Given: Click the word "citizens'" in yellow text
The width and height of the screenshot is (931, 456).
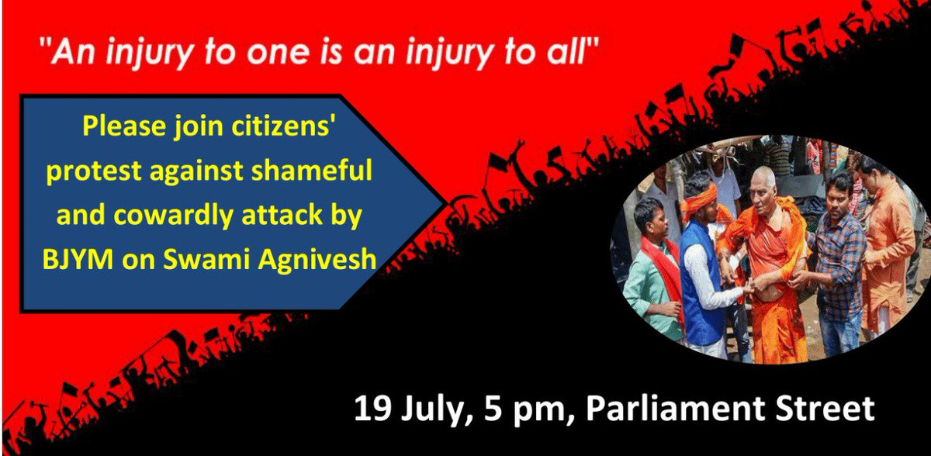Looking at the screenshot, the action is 283,126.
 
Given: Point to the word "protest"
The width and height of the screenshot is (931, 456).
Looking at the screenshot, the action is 94,171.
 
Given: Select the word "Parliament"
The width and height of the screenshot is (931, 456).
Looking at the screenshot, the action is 675,408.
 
